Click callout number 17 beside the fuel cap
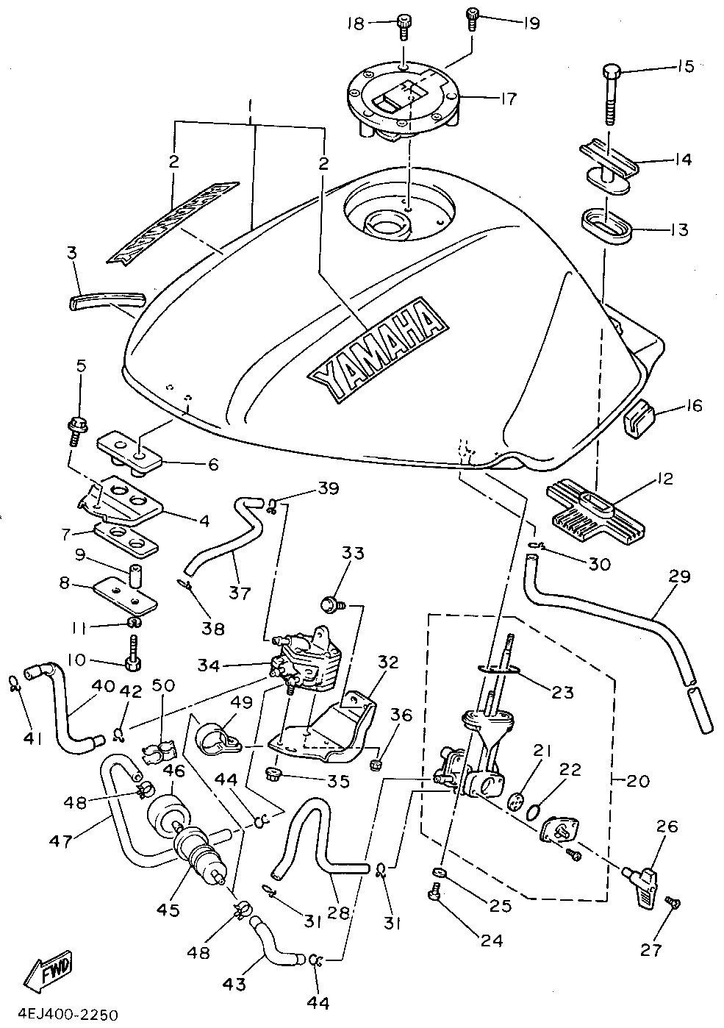[x=507, y=98]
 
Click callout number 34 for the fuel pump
[x=207, y=666]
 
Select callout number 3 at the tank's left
[x=71, y=254]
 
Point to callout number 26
[x=667, y=827]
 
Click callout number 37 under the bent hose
[x=240, y=592]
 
